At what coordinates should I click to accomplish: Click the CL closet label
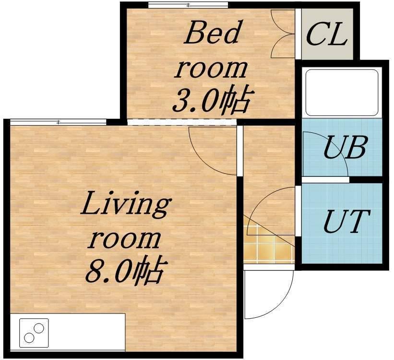[327, 34]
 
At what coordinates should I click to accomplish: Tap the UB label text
[345, 147]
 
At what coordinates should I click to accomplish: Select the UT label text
[347, 221]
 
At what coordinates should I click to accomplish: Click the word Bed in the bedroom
[212, 32]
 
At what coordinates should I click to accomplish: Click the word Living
[126, 207]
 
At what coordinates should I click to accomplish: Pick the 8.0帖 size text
[126, 270]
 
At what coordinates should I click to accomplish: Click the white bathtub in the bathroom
[342, 93]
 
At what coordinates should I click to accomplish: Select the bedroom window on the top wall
[188, 5]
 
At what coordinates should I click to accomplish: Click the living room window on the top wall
[58, 122]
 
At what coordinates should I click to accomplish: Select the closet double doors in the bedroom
[283, 34]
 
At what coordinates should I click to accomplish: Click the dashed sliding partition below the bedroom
[182, 122]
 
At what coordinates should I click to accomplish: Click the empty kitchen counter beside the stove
[87, 332]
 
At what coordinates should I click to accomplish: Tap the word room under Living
[124, 239]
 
